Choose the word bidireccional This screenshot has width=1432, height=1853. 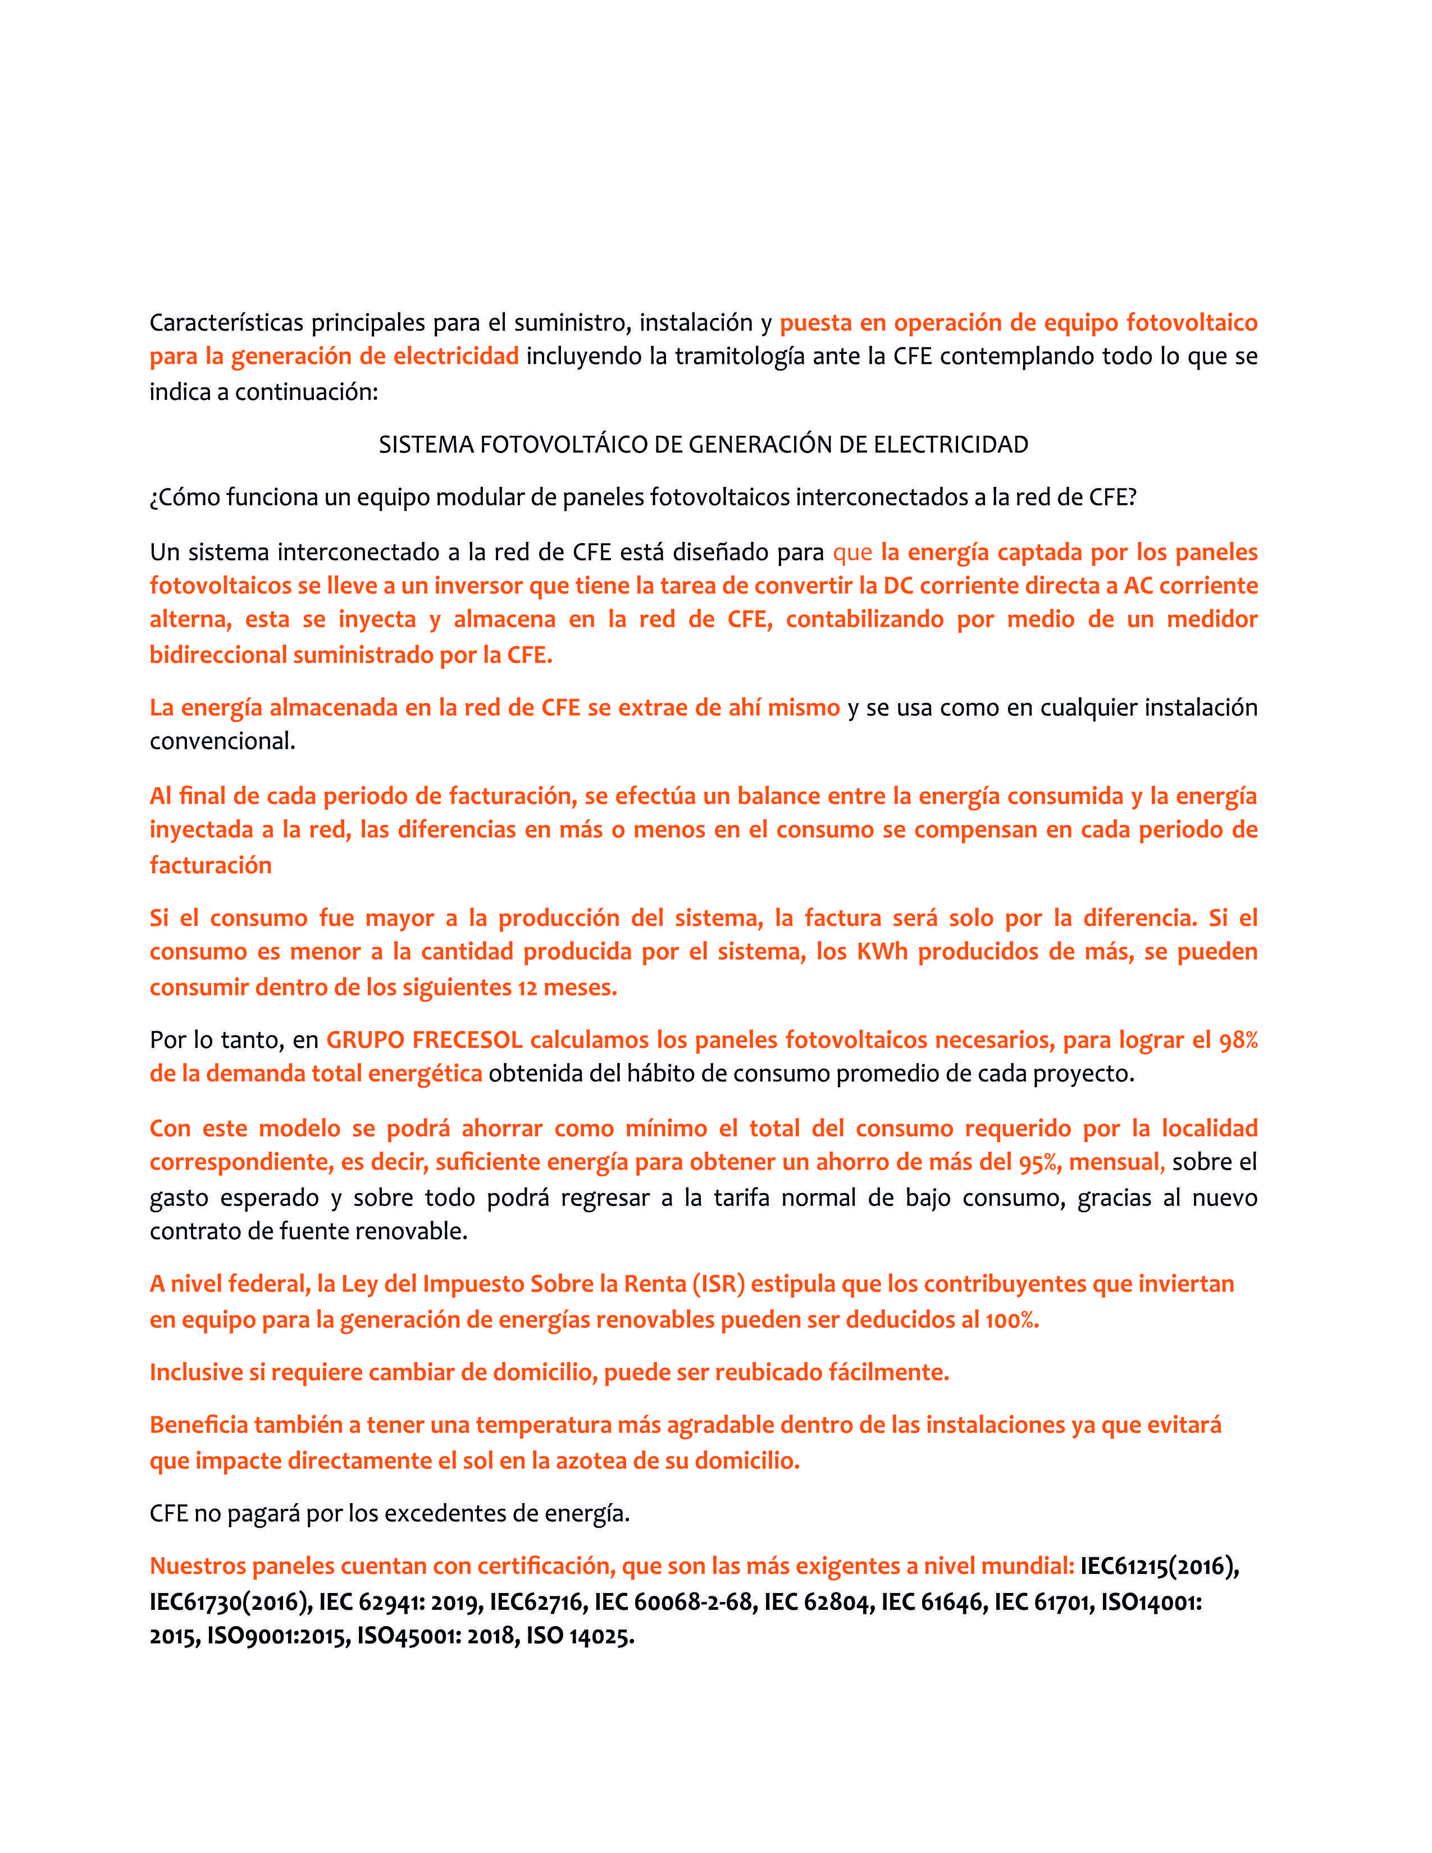click(218, 655)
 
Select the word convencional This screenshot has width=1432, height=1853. click(222, 742)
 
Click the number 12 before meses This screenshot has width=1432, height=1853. click(528, 988)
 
